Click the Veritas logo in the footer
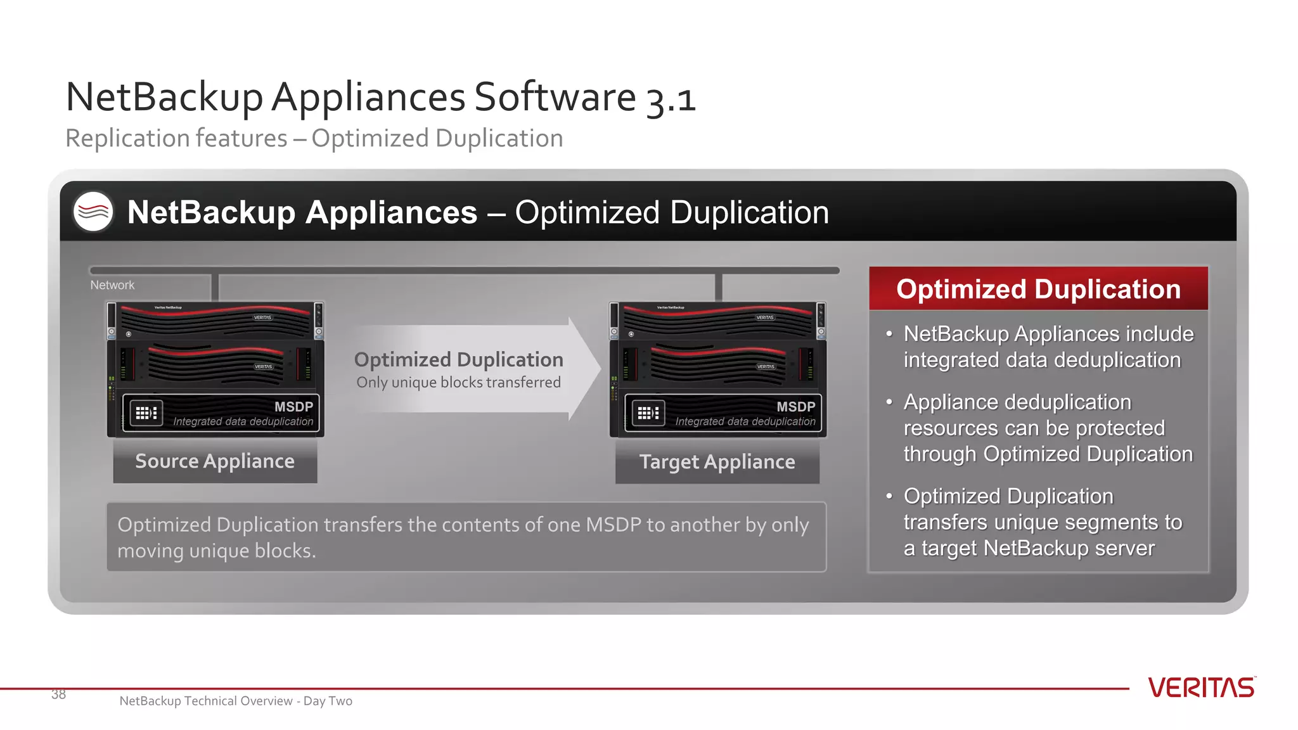pyautogui.click(x=1201, y=688)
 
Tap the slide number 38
pyautogui.click(x=58, y=695)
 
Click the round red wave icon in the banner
pyautogui.click(x=93, y=212)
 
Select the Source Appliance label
pyautogui.click(x=215, y=461)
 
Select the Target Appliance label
pyautogui.click(x=717, y=462)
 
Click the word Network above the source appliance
pyautogui.click(x=112, y=285)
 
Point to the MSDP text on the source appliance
pyautogui.click(x=293, y=407)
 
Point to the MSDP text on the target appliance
pyautogui.click(x=795, y=407)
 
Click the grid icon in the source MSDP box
pyautogui.click(x=146, y=413)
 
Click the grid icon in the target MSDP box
pyautogui.click(x=648, y=413)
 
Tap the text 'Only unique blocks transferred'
pyautogui.click(x=458, y=383)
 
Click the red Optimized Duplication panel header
pyautogui.click(x=1038, y=289)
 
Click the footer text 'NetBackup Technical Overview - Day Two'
pyautogui.click(x=236, y=701)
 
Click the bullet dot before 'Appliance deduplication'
pyautogui.click(x=889, y=402)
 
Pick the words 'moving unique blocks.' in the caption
pyautogui.click(x=216, y=551)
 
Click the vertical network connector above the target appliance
pyautogui.click(x=718, y=288)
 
